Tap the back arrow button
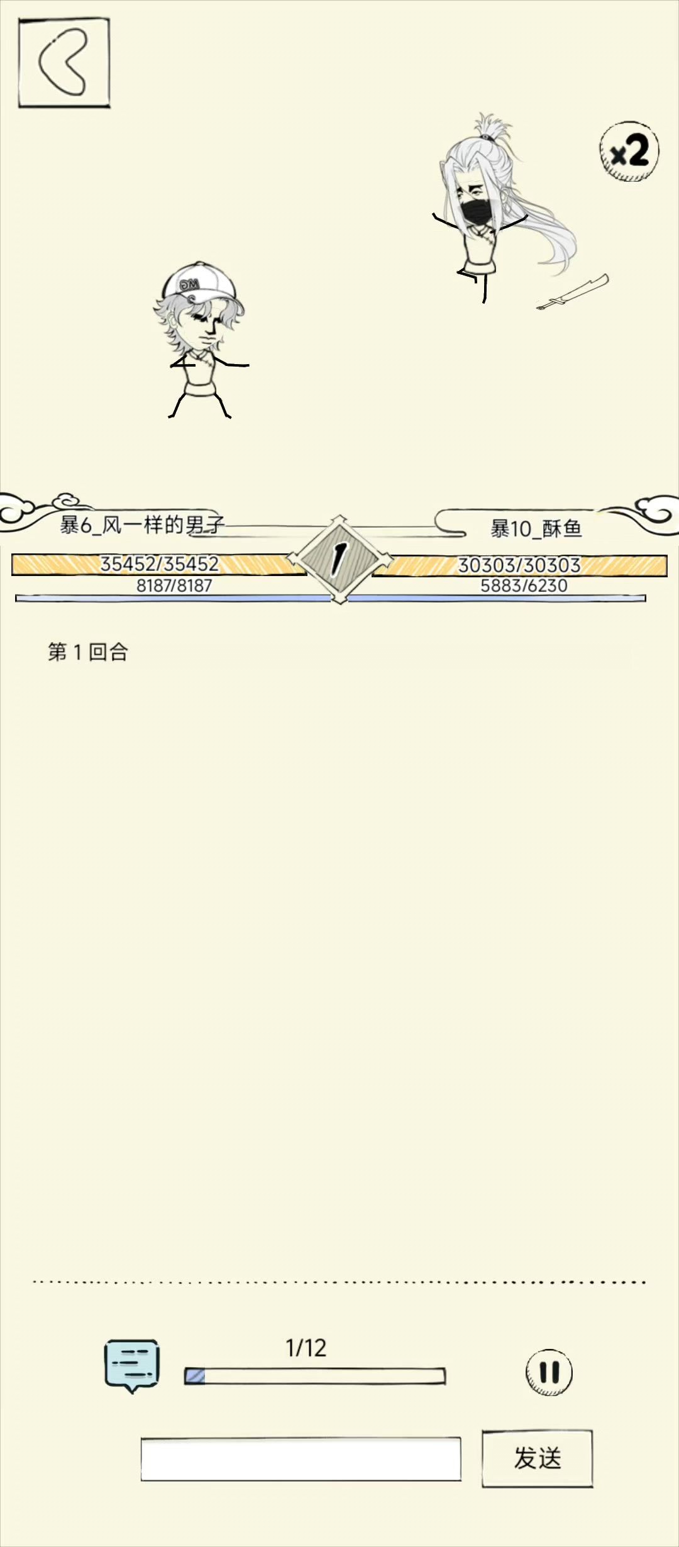(x=64, y=63)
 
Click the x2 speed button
(x=629, y=152)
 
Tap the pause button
(x=549, y=1372)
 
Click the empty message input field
(x=301, y=1458)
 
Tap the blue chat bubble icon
(x=131, y=1365)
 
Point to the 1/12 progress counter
(x=306, y=1348)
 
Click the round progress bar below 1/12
(x=315, y=1376)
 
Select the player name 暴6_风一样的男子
(x=142, y=524)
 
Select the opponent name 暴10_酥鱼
(x=536, y=528)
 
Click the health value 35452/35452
(x=160, y=564)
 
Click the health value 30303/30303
(x=519, y=565)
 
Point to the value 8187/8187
(x=174, y=585)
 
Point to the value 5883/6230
(x=524, y=585)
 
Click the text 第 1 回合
(x=88, y=652)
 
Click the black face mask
(x=476, y=212)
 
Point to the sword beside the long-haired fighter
(x=573, y=292)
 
